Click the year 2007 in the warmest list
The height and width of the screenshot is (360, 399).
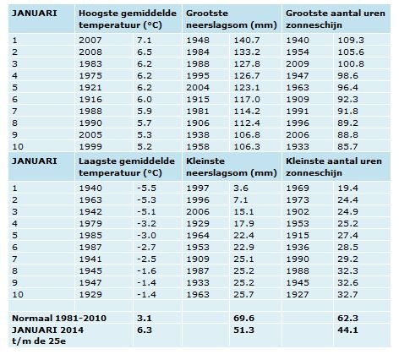point(90,41)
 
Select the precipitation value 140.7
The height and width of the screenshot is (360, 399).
point(247,41)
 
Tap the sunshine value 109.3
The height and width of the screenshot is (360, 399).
point(351,41)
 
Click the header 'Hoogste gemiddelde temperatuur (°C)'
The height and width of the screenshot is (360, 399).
point(128,19)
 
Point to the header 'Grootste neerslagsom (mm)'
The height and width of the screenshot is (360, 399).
point(232,19)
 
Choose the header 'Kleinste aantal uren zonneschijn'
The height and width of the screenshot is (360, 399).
point(334,167)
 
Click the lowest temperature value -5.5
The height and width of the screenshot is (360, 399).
point(146,188)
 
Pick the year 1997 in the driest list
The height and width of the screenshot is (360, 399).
point(198,188)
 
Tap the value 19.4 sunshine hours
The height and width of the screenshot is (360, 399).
point(347,188)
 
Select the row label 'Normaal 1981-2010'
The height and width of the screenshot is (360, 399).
point(59,319)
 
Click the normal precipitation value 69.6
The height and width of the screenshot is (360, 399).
point(243,319)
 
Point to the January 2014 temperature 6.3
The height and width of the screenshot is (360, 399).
point(145,330)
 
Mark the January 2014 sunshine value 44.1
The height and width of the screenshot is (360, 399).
point(347,330)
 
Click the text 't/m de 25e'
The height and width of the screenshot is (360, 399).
point(39,341)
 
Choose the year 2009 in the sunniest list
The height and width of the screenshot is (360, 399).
point(298,64)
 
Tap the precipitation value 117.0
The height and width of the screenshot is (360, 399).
point(247,100)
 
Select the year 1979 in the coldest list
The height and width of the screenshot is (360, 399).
point(90,224)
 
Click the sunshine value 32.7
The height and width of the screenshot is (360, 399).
point(347,295)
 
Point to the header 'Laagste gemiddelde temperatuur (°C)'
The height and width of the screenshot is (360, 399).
point(127,167)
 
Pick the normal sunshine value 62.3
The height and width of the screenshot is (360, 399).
point(347,319)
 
